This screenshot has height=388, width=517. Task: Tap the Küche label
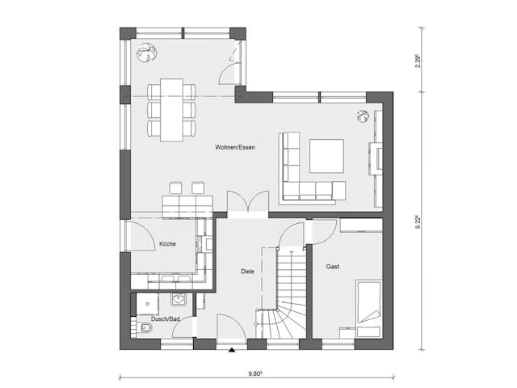click(x=167, y=243)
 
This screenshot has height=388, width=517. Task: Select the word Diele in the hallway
click(x=247, y=272)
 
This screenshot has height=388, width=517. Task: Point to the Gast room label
click(x=332, y=266)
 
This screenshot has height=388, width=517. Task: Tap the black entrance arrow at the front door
click(x=232, y=350)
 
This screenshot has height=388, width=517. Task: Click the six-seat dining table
click(x=171, y=109)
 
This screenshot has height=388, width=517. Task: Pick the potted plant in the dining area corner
click(x=146, y=53)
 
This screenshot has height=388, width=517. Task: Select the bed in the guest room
click(x=368, y=308)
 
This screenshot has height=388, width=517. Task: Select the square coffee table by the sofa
click(x=326, y=156)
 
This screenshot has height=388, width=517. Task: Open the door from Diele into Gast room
click(x=321, y=232)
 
